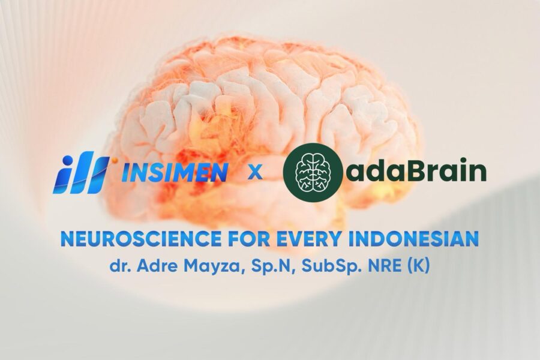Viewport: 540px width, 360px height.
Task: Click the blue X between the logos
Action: pos(255,173)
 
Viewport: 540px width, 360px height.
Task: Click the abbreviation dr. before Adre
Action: pos(119,266)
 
